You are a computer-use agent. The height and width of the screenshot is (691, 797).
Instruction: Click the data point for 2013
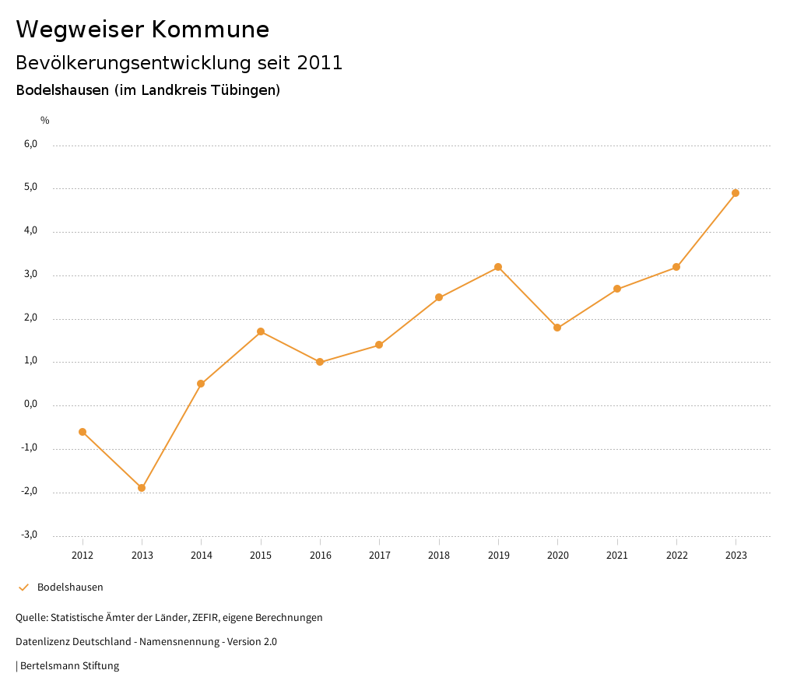pyautogui.click(x=142, y=488)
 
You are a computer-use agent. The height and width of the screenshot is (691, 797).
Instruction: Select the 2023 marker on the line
pyautogui.click(x=736, y=193)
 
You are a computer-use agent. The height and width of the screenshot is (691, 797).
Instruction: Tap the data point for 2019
pyautogui.click(x=498, y=267)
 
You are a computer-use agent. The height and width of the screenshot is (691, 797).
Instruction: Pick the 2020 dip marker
pyautogui.click(x=557, y=328)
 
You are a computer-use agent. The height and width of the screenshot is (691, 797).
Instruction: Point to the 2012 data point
pyautogui.click(x=83, y=432)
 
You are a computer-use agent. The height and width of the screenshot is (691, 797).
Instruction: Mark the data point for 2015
pyautogui.click(x=261, y=331)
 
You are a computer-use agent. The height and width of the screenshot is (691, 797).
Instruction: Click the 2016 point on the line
pyautogui.click(x=320, y=362)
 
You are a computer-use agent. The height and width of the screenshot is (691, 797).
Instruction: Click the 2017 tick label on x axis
pyautogui.click(x=379, y=556)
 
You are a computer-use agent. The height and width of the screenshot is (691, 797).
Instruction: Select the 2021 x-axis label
pyautogui.click(x=617, y=556)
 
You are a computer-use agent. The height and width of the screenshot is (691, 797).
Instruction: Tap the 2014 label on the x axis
pyautogui.click(x=201, y=556)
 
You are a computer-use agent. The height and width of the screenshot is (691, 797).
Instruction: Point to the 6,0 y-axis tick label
pyautogui.click(x=30, y=144)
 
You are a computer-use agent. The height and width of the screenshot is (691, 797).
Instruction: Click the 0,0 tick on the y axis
pyautogui.click(x=30, y=405)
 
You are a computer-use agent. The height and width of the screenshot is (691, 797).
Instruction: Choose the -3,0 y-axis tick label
pyautogui.click(x=29, y=535)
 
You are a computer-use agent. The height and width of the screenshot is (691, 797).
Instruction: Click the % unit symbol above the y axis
pyautogui.click(x=45, y=121)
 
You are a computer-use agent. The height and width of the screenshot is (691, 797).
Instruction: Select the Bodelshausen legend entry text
pyautogui.click(x=70, y=588)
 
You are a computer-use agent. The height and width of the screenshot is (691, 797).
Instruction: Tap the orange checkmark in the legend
pyautogui.click(x=23, y=588)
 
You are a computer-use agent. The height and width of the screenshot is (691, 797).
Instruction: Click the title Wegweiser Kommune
pyautogui.click(x=142, y=30)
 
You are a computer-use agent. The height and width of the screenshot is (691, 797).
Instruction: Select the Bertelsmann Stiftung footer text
pyautogui.click(x=69, y=666)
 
